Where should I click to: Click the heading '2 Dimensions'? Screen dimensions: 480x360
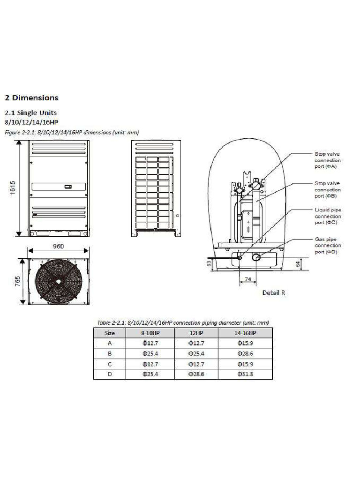31,98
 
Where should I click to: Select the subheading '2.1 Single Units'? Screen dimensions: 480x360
30,113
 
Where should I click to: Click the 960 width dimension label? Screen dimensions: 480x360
58,246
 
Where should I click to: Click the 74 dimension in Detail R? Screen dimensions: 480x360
247,278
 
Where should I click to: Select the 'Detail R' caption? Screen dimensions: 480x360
273,292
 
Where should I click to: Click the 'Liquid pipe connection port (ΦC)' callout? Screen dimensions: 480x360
328,217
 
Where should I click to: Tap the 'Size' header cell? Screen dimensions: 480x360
110,333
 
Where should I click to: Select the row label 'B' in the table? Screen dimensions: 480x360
110,353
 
